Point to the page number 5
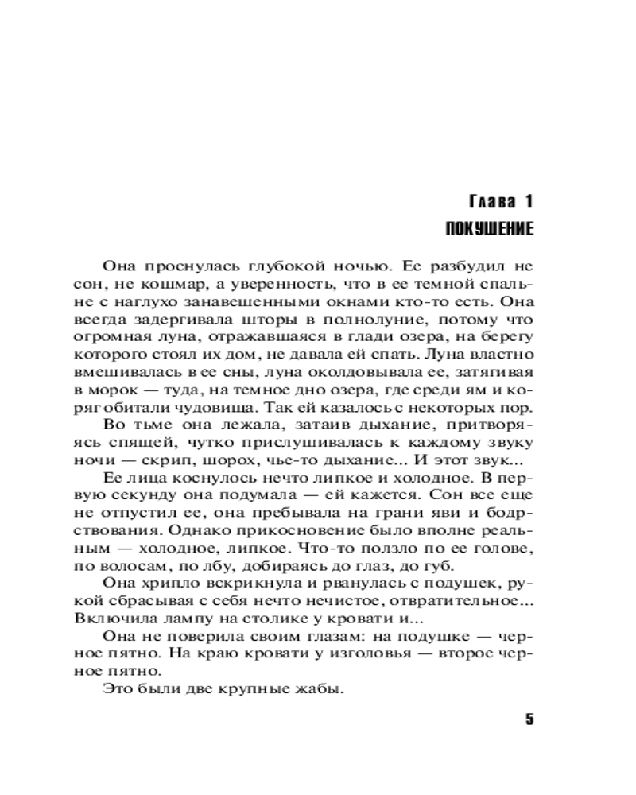click(x=529, y=719)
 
